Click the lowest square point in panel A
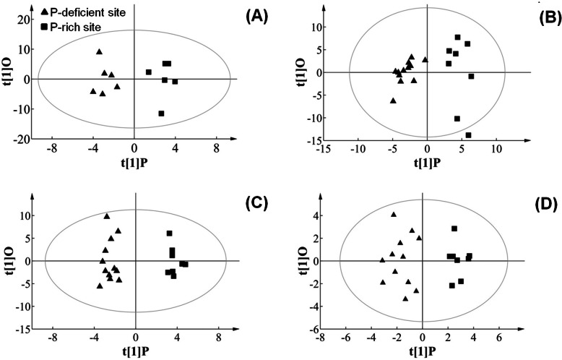point(161,113)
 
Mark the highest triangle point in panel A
point(99,51)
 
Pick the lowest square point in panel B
point(468,135)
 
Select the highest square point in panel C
point(170,233)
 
